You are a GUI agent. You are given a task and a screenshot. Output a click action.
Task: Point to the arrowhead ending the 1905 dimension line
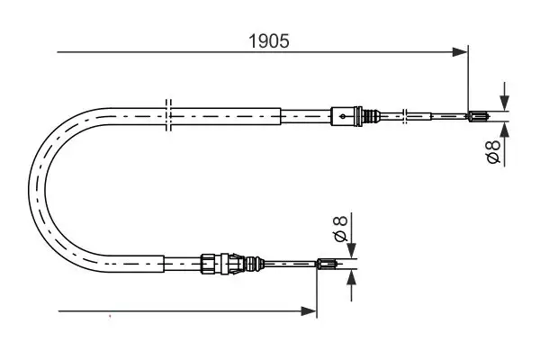point(463,52)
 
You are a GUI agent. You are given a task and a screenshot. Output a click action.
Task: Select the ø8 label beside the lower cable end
point(340,229)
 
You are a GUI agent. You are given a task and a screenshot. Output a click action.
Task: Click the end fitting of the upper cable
point(478,114)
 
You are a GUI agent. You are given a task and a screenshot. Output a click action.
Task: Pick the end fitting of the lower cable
point(328,263)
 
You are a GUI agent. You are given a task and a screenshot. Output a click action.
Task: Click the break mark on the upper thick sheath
point(168,115)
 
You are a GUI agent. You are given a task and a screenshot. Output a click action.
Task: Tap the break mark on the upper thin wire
point(408,114)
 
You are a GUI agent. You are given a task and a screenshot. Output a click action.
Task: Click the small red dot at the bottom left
point(109,316)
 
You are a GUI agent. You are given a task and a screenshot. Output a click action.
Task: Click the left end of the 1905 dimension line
point(58,52)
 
